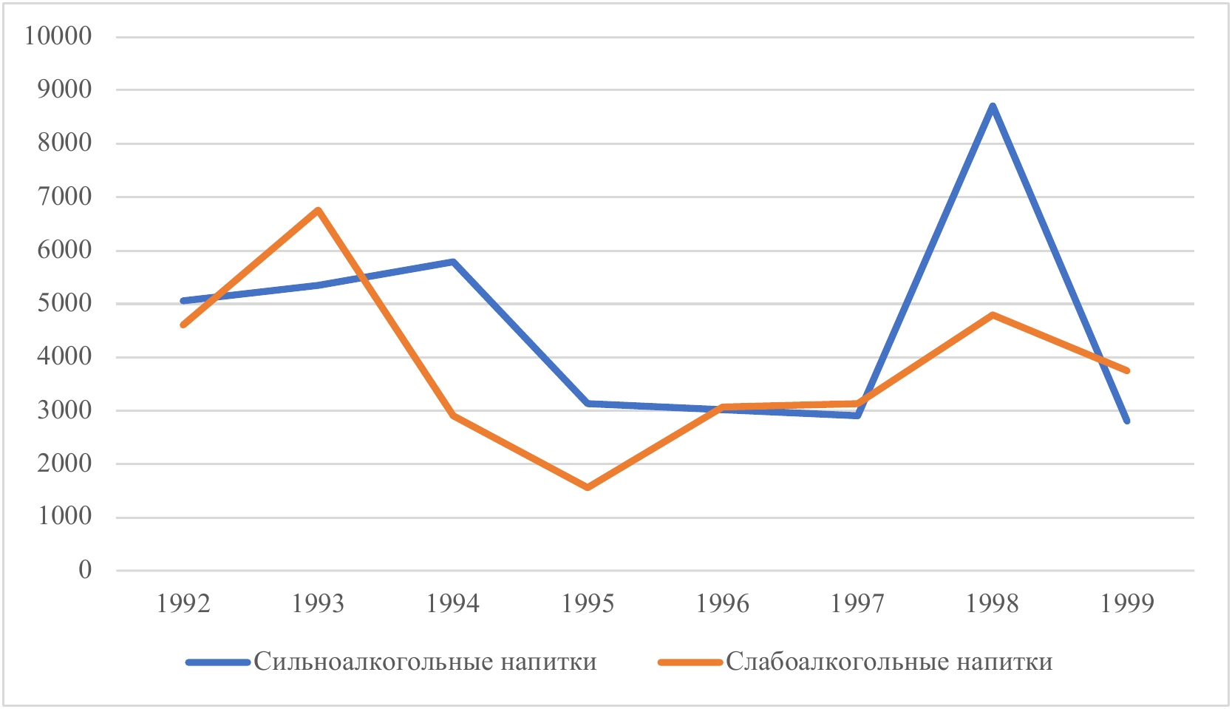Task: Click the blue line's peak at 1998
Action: (x=993, y=106)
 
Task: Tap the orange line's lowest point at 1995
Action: (x=588, y=487)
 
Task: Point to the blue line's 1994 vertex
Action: (x=453, y=262)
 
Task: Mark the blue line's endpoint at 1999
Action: (x=1127, y=421)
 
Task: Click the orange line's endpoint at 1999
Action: (x=1127, y=370)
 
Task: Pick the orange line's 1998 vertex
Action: (x=993, y=315)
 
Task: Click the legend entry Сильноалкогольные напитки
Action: (x=425, y=662)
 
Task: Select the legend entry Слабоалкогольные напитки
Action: (x=889, y=662)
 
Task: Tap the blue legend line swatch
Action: (x=218, y=662)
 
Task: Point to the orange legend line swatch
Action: (x=690, y=662)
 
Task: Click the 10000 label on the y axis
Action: (x=58, y=36)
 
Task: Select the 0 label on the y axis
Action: (x=85, y=570)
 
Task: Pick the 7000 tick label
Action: (x=65, y=197)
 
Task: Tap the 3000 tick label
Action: (x=65, y=410)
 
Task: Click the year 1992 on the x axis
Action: (x=183, y=604)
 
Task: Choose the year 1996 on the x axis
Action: (x=722, y=604)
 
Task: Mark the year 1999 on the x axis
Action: (x=1127, y=604)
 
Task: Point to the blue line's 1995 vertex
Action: (x=588, y=403)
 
